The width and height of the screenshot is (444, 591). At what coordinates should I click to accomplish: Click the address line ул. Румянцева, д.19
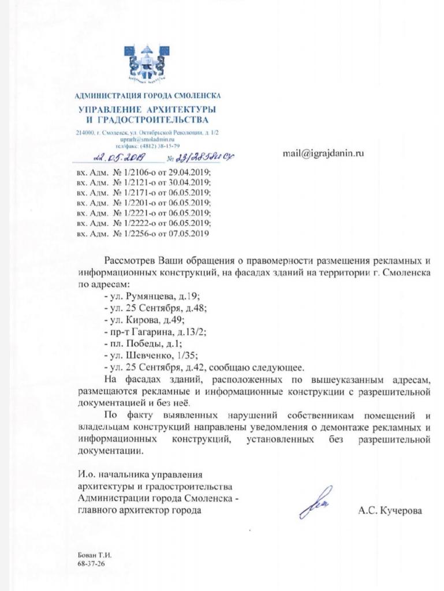(x=151, y=296)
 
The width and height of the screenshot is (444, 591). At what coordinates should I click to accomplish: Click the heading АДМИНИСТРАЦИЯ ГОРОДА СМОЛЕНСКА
(x=148, y=95)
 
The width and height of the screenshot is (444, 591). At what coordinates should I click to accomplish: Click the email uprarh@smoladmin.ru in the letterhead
(x=148, y=139)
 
